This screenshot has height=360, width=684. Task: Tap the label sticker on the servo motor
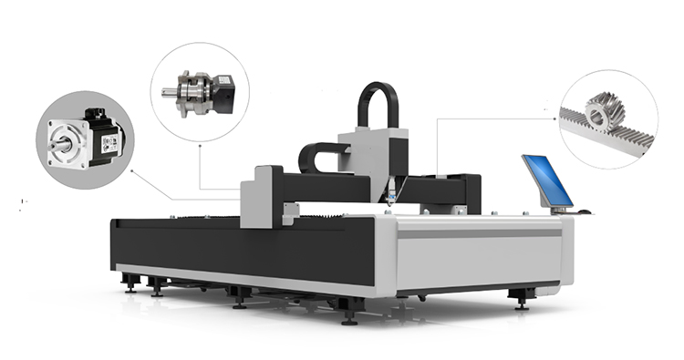pos(109,143)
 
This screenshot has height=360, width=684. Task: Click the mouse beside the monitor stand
pos(584,211)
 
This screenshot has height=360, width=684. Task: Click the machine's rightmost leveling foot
pos(522,300)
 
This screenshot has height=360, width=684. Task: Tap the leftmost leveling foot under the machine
pos(130,286)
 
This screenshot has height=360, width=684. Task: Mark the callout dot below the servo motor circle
pos(132,170)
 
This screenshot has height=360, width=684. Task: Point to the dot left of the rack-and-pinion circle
pos(555,117)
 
